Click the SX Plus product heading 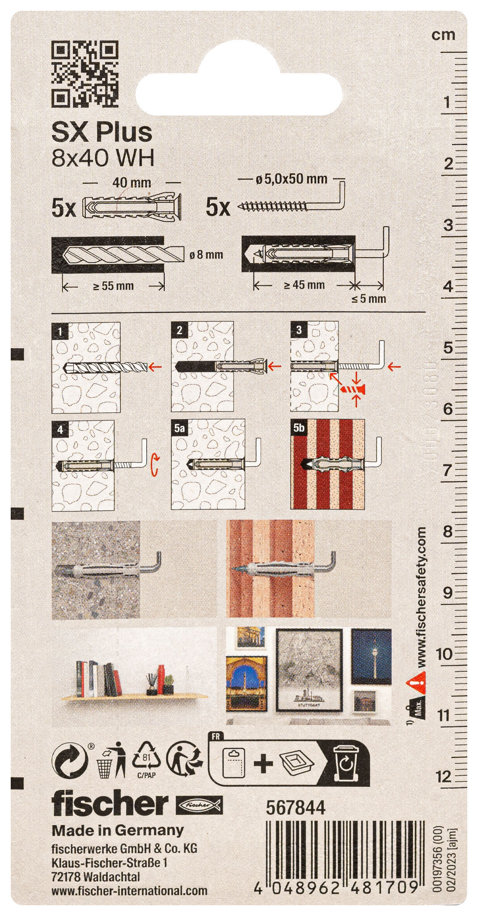pos(102,132)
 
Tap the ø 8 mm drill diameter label pos(206,255)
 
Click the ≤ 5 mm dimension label pos(368,299)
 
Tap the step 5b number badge pos(299,428)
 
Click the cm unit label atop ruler pos(443,35)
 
